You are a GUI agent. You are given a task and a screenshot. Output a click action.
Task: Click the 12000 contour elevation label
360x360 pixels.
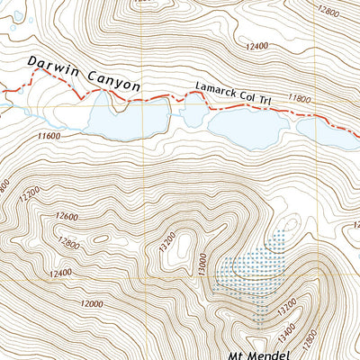89,304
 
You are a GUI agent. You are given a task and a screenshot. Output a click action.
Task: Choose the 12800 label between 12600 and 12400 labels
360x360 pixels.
71,242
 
